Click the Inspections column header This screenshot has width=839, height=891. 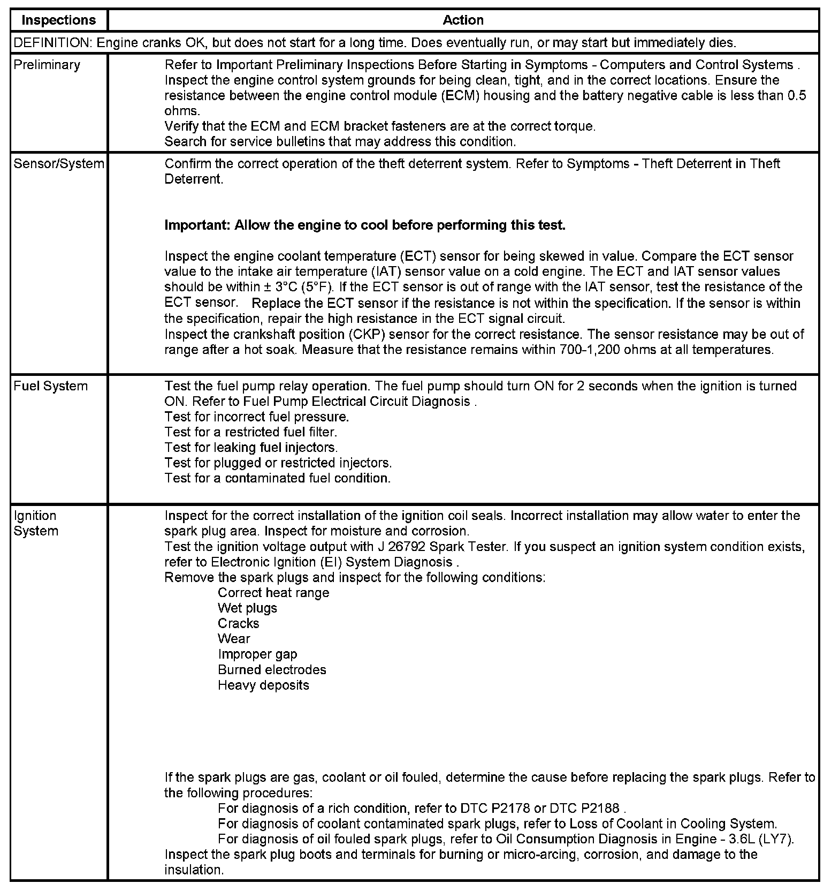coord(58,20)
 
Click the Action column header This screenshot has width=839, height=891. coord(463,20)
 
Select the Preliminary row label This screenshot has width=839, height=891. coord(47,65)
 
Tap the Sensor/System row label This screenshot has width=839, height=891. coord(58,164)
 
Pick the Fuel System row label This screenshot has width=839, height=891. coord(50,386)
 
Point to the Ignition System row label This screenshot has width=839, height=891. coord(36,523)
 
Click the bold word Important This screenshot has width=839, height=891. coord(197,225)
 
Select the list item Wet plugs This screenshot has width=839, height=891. coord(247,608)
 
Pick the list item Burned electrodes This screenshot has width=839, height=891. coord(272,670)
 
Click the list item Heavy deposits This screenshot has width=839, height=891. coord(263,685)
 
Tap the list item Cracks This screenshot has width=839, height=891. coord(238,623)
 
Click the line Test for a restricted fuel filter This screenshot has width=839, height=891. coord(250,432)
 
